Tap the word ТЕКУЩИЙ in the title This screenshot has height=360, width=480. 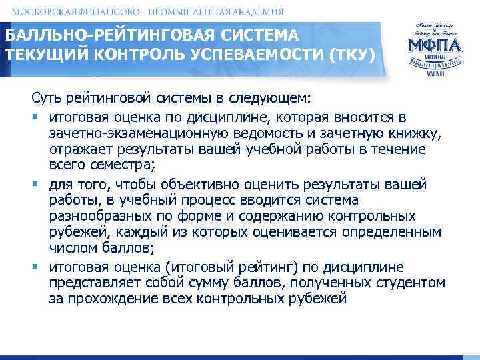[x=32, y=53]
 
